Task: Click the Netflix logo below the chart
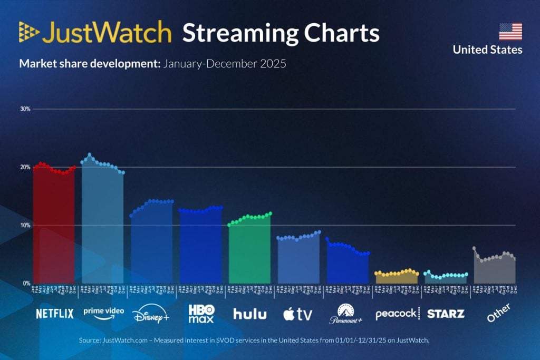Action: coord(54,314)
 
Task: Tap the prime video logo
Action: coord(103,312)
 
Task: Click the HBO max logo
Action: coord(201,314)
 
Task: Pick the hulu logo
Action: coord(249,314)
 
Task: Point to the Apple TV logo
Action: coord(298,314)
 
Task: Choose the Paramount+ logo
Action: coord(346,314)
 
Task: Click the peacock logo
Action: coord(396,314)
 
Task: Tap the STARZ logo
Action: coord(446,314)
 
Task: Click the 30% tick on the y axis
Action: coord(25,109)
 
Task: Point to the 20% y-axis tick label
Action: coord(25,167)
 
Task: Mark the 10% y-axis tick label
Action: coord(25,225)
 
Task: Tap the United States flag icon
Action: coord(510,32)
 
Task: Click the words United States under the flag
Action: coord(487,50)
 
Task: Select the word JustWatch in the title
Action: coord(107,33)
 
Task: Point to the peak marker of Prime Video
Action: coord(90,154)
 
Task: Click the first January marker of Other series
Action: coord(474,248)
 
